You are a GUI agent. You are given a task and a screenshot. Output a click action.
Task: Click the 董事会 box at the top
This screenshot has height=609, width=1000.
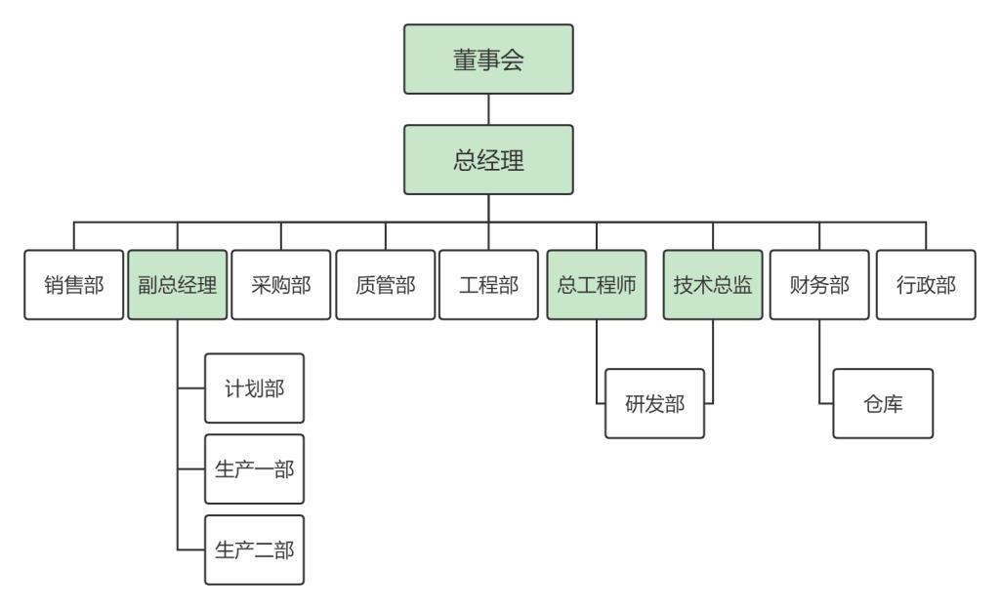[488, 59]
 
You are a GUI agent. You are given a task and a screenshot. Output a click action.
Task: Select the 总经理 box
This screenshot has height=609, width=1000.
[488, 159]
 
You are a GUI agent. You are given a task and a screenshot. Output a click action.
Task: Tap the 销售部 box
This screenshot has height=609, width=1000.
[72, 285]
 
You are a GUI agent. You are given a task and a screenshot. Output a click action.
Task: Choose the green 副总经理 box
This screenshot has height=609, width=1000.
[177, 285]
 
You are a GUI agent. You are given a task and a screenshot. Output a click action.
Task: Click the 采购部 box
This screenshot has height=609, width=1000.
[281, 285]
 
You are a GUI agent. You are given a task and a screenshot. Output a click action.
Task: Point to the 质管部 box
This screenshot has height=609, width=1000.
[385, 285]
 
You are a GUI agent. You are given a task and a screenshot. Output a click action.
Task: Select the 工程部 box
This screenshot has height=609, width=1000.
[488, 285]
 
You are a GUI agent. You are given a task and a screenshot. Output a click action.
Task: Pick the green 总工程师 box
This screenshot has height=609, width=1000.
[597, 285]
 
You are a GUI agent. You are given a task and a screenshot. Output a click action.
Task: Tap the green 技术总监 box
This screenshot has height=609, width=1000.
[713, 285]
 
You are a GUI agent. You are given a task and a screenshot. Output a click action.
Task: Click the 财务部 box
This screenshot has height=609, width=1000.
[818, 285]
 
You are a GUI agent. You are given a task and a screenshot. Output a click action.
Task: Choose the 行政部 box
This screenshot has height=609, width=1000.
[926, 285]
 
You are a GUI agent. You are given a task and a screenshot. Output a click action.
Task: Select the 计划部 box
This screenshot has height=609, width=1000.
[255, 388]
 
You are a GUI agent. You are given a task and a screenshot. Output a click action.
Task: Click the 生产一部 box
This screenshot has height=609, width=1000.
[255, 468]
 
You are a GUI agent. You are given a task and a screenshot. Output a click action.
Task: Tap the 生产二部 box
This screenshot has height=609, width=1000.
[255, 549]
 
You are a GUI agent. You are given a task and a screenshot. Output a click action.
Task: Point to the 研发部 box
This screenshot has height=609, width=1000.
[654, 403]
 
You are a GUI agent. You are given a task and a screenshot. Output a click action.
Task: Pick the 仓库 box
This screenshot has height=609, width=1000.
[884, 403]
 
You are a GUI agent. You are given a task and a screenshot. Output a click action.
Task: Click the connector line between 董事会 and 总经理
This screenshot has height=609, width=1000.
[488, 109]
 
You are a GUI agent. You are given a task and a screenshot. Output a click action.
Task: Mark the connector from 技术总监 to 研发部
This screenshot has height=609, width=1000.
[713, 361]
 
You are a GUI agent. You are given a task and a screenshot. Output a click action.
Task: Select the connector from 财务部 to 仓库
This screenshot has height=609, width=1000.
[818, 361]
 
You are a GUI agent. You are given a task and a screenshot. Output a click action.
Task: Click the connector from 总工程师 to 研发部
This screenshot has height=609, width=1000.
[597, 361]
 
